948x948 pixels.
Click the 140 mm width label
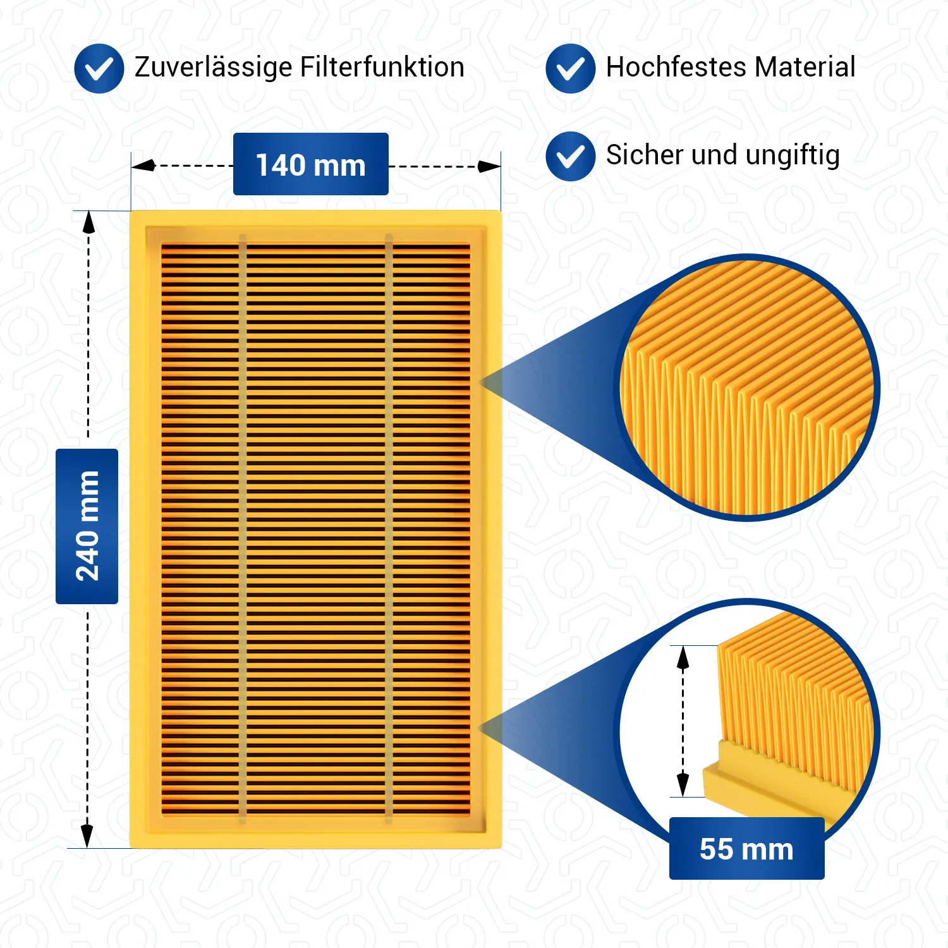310,164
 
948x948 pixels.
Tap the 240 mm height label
87,526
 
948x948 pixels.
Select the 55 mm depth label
746,849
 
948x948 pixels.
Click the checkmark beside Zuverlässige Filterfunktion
99,68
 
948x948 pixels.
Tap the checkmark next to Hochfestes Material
570,68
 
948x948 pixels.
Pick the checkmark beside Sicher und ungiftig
570,156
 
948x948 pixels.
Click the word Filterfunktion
382,67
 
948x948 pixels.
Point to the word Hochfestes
676,67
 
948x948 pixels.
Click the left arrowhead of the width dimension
143,166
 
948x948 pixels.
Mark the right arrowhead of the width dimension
489,166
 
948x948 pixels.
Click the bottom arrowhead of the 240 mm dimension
87,836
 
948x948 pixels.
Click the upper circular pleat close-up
748,387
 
